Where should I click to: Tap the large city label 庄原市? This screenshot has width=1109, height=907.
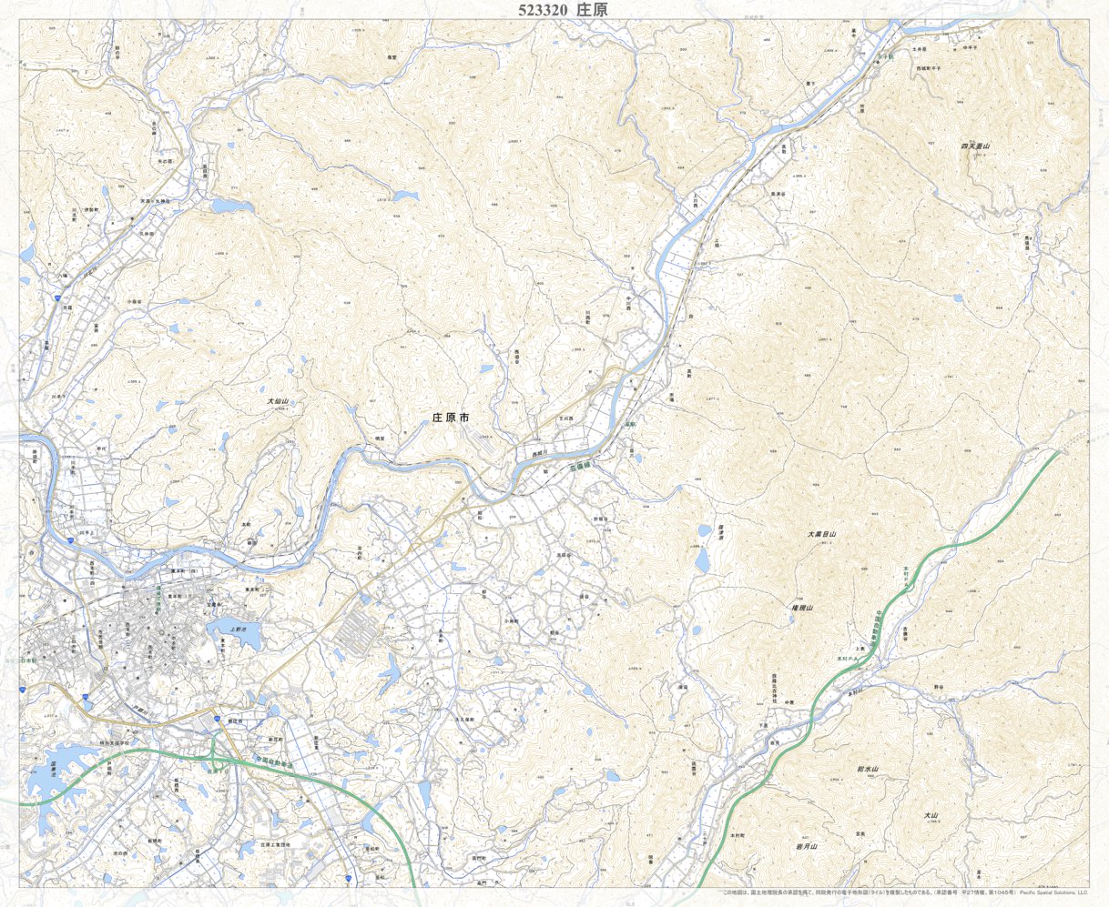450,418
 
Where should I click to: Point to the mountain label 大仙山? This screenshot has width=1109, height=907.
278,400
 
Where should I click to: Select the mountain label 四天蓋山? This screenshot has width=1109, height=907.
974,146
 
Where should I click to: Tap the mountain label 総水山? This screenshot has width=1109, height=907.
867,770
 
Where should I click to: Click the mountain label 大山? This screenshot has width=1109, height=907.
930,815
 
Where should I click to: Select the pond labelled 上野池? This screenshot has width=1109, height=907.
239,629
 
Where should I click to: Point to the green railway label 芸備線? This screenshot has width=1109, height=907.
581,464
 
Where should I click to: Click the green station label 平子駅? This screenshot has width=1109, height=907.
886,55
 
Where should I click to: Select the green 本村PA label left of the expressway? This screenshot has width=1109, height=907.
848,656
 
